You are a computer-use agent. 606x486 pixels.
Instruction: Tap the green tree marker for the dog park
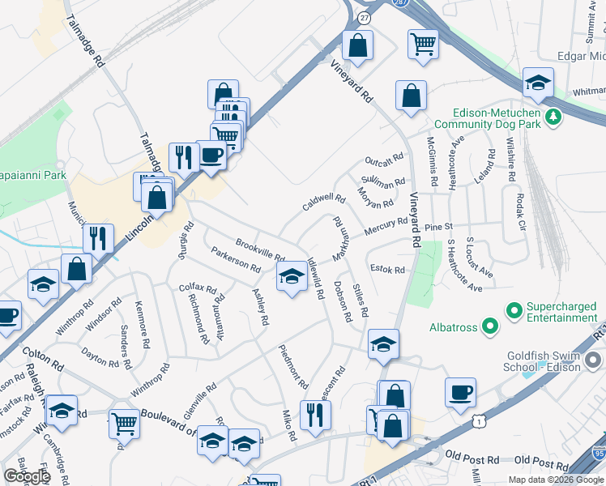553,117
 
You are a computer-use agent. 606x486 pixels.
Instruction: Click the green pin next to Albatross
489,326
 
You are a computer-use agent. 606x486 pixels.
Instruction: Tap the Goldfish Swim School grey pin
594,359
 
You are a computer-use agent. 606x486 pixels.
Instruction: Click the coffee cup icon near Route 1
460,392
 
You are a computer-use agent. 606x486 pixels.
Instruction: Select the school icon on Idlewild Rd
292,277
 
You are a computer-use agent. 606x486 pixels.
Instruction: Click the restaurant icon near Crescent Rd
315,414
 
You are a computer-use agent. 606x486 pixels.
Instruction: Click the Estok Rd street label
386,269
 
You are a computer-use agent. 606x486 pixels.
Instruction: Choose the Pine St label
438,228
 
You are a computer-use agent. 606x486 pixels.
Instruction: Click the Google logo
28,476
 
